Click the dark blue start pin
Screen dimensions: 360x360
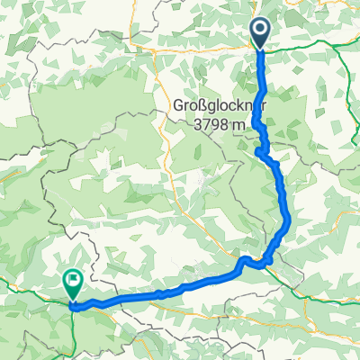(x=261, y=32)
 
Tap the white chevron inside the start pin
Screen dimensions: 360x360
(x=261, y=31)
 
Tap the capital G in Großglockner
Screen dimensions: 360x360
(x=177, y=105)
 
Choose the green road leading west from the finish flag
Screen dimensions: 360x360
(x=27, y=290)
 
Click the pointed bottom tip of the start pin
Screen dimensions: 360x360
(x=261, y=49)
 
